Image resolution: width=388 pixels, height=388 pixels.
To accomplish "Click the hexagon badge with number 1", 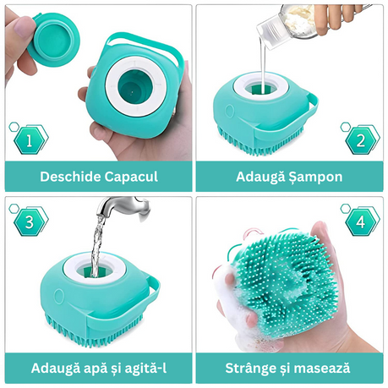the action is [29, 139].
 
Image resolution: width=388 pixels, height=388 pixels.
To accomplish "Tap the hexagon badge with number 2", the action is [361, 139].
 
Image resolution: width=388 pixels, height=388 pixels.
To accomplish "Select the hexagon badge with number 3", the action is [29, 221].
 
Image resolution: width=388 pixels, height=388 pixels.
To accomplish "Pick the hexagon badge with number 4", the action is [361, 221].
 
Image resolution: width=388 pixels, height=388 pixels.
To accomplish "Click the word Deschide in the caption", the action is [70, 177].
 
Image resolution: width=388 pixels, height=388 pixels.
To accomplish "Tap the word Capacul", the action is [131, 178].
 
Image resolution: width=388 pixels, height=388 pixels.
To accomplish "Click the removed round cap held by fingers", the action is [54, 39].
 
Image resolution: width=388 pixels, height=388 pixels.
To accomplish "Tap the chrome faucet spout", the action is [123, 208].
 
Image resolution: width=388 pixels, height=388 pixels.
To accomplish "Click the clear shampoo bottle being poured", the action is [290, 26].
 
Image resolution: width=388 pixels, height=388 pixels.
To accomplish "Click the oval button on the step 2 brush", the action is [231, 112].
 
